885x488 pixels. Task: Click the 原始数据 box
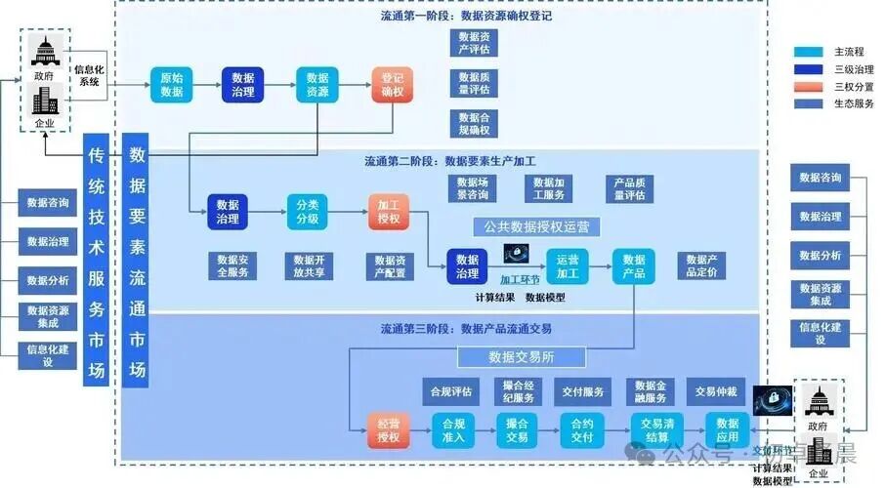(x=171, y=85)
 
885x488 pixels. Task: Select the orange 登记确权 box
(x=393, y=85)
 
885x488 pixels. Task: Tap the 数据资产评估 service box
(x=473, y=43)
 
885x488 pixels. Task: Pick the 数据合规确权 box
(x=473, y=123)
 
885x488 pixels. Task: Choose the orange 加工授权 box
(x=389, y=212)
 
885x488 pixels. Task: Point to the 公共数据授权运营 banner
(x=536, y=227)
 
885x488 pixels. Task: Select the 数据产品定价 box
(x=701, y=266)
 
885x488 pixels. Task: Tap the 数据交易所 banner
(x=522, y=357)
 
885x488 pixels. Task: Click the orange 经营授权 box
(x=388, y=431)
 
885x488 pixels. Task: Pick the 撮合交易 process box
(x=517, y=431)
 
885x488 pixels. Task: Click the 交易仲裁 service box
(x=715, y=392)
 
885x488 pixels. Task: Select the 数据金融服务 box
(x=650, y=392)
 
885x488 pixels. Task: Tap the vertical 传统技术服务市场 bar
(x=96, y=262)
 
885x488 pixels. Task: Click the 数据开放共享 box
(x=310, y=266)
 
